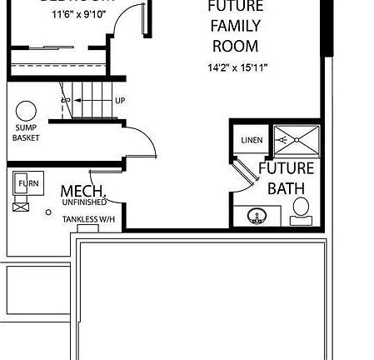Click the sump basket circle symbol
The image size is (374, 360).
pyautogui.click(x=26, y=110)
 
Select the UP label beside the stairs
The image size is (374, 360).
pyautogui.click(x=120, y=100)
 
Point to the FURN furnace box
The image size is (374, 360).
pyautogui.click(x=27, y=183)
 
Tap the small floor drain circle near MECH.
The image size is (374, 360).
pyautogui.click(x=49, y=212)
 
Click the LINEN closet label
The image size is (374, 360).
pyautogui.click(x=252, y=140)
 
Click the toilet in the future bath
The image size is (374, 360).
pyautogui.click(x=300, y=209)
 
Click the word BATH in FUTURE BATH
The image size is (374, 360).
pyautogui.click(x=286, y=188)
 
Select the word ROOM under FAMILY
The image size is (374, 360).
pyautogui.click(x=234, y=47)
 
